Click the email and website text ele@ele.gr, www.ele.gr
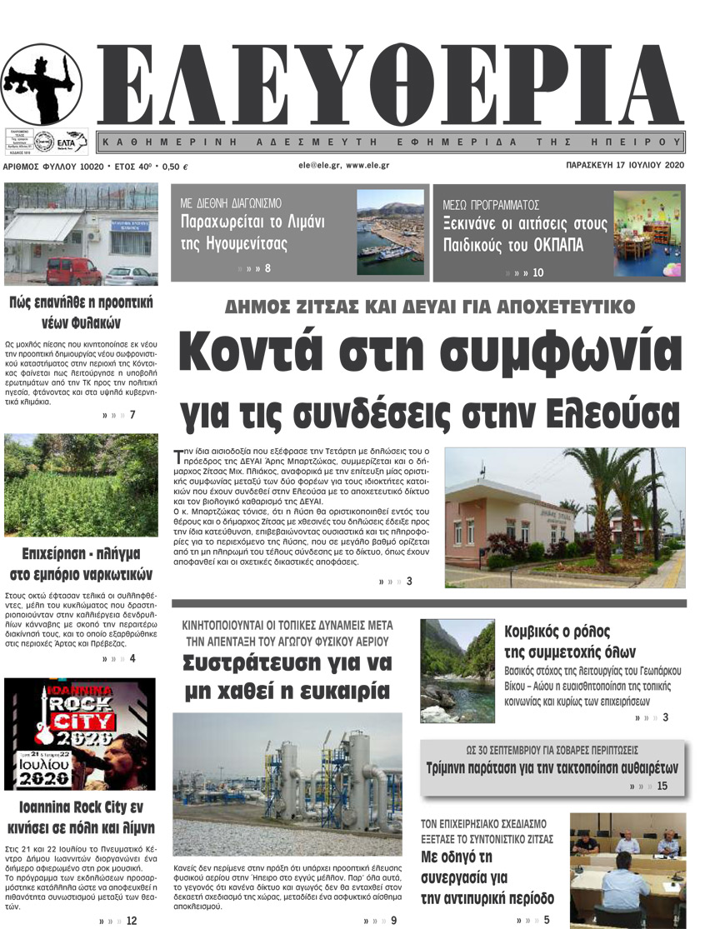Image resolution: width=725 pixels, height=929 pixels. (x=344, y=166)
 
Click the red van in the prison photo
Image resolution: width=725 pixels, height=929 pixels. (x=72, y=271)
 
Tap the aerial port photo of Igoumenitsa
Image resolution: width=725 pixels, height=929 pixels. (x=390, y=232)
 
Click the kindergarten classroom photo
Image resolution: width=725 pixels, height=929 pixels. (x=647, y=232)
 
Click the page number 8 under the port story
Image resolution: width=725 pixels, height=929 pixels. (x=267, y=269)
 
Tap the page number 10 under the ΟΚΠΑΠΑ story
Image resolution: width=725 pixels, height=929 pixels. (x=537, y=272)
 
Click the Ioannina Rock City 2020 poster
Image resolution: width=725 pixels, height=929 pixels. (x=80, y=733)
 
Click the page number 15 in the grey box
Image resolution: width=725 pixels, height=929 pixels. (x=662, y=786)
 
